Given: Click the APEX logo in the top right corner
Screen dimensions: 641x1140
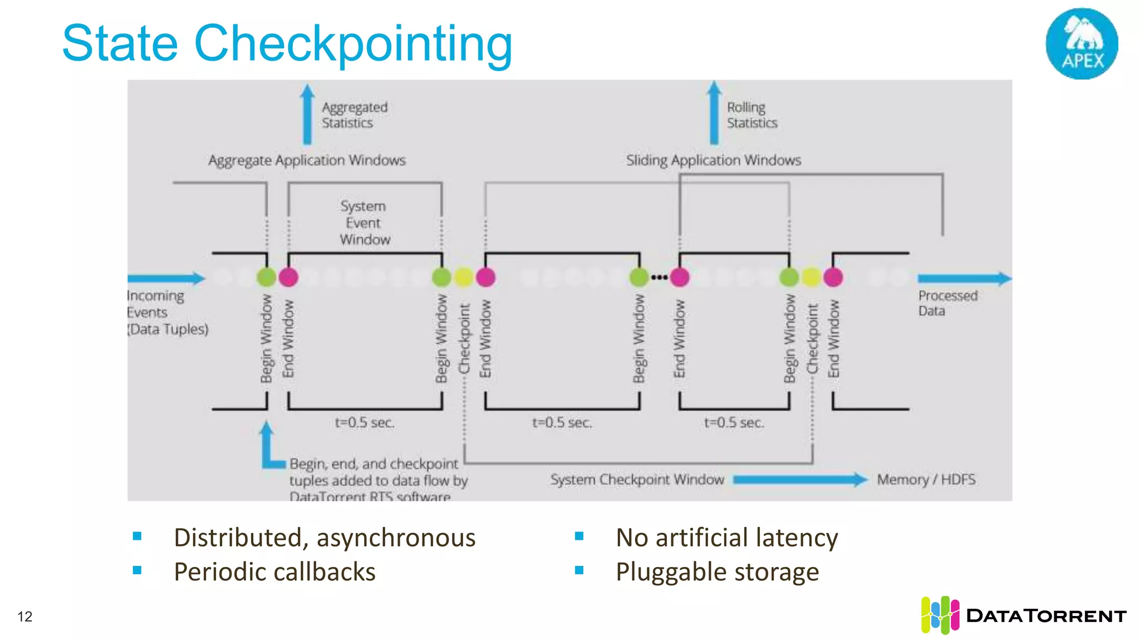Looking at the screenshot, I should (x=1082, y=43).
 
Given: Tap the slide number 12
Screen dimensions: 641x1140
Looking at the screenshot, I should (x=25, y=617).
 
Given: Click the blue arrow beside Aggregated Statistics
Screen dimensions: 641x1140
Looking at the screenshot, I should (x=307, y=114).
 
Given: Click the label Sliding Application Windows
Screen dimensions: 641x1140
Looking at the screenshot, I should (x=713, y=160).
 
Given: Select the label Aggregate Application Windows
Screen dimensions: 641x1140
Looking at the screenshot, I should (x=307, y=160).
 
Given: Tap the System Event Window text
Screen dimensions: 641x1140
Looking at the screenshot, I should (x=364, y=223).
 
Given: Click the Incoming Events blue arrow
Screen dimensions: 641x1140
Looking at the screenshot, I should (x=166, y=278).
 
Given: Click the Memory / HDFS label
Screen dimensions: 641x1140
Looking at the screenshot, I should (x=926, y=480).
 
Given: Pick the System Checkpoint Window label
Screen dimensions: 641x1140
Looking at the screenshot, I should (x=637, y=480).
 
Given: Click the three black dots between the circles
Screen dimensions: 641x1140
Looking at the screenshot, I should (x=659, y=277).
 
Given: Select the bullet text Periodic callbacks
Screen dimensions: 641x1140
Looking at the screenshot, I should (x=274, y=572).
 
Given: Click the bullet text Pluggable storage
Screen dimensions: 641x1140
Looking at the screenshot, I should (x=717, y=572).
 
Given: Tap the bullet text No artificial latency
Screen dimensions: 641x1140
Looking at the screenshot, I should (x=726, y=538).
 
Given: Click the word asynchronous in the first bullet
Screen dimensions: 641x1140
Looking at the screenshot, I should (x=396, y=538).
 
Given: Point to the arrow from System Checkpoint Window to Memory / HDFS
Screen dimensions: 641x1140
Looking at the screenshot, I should (x=800, y=480).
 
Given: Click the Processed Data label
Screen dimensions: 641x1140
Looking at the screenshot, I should (x=947, y=303).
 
